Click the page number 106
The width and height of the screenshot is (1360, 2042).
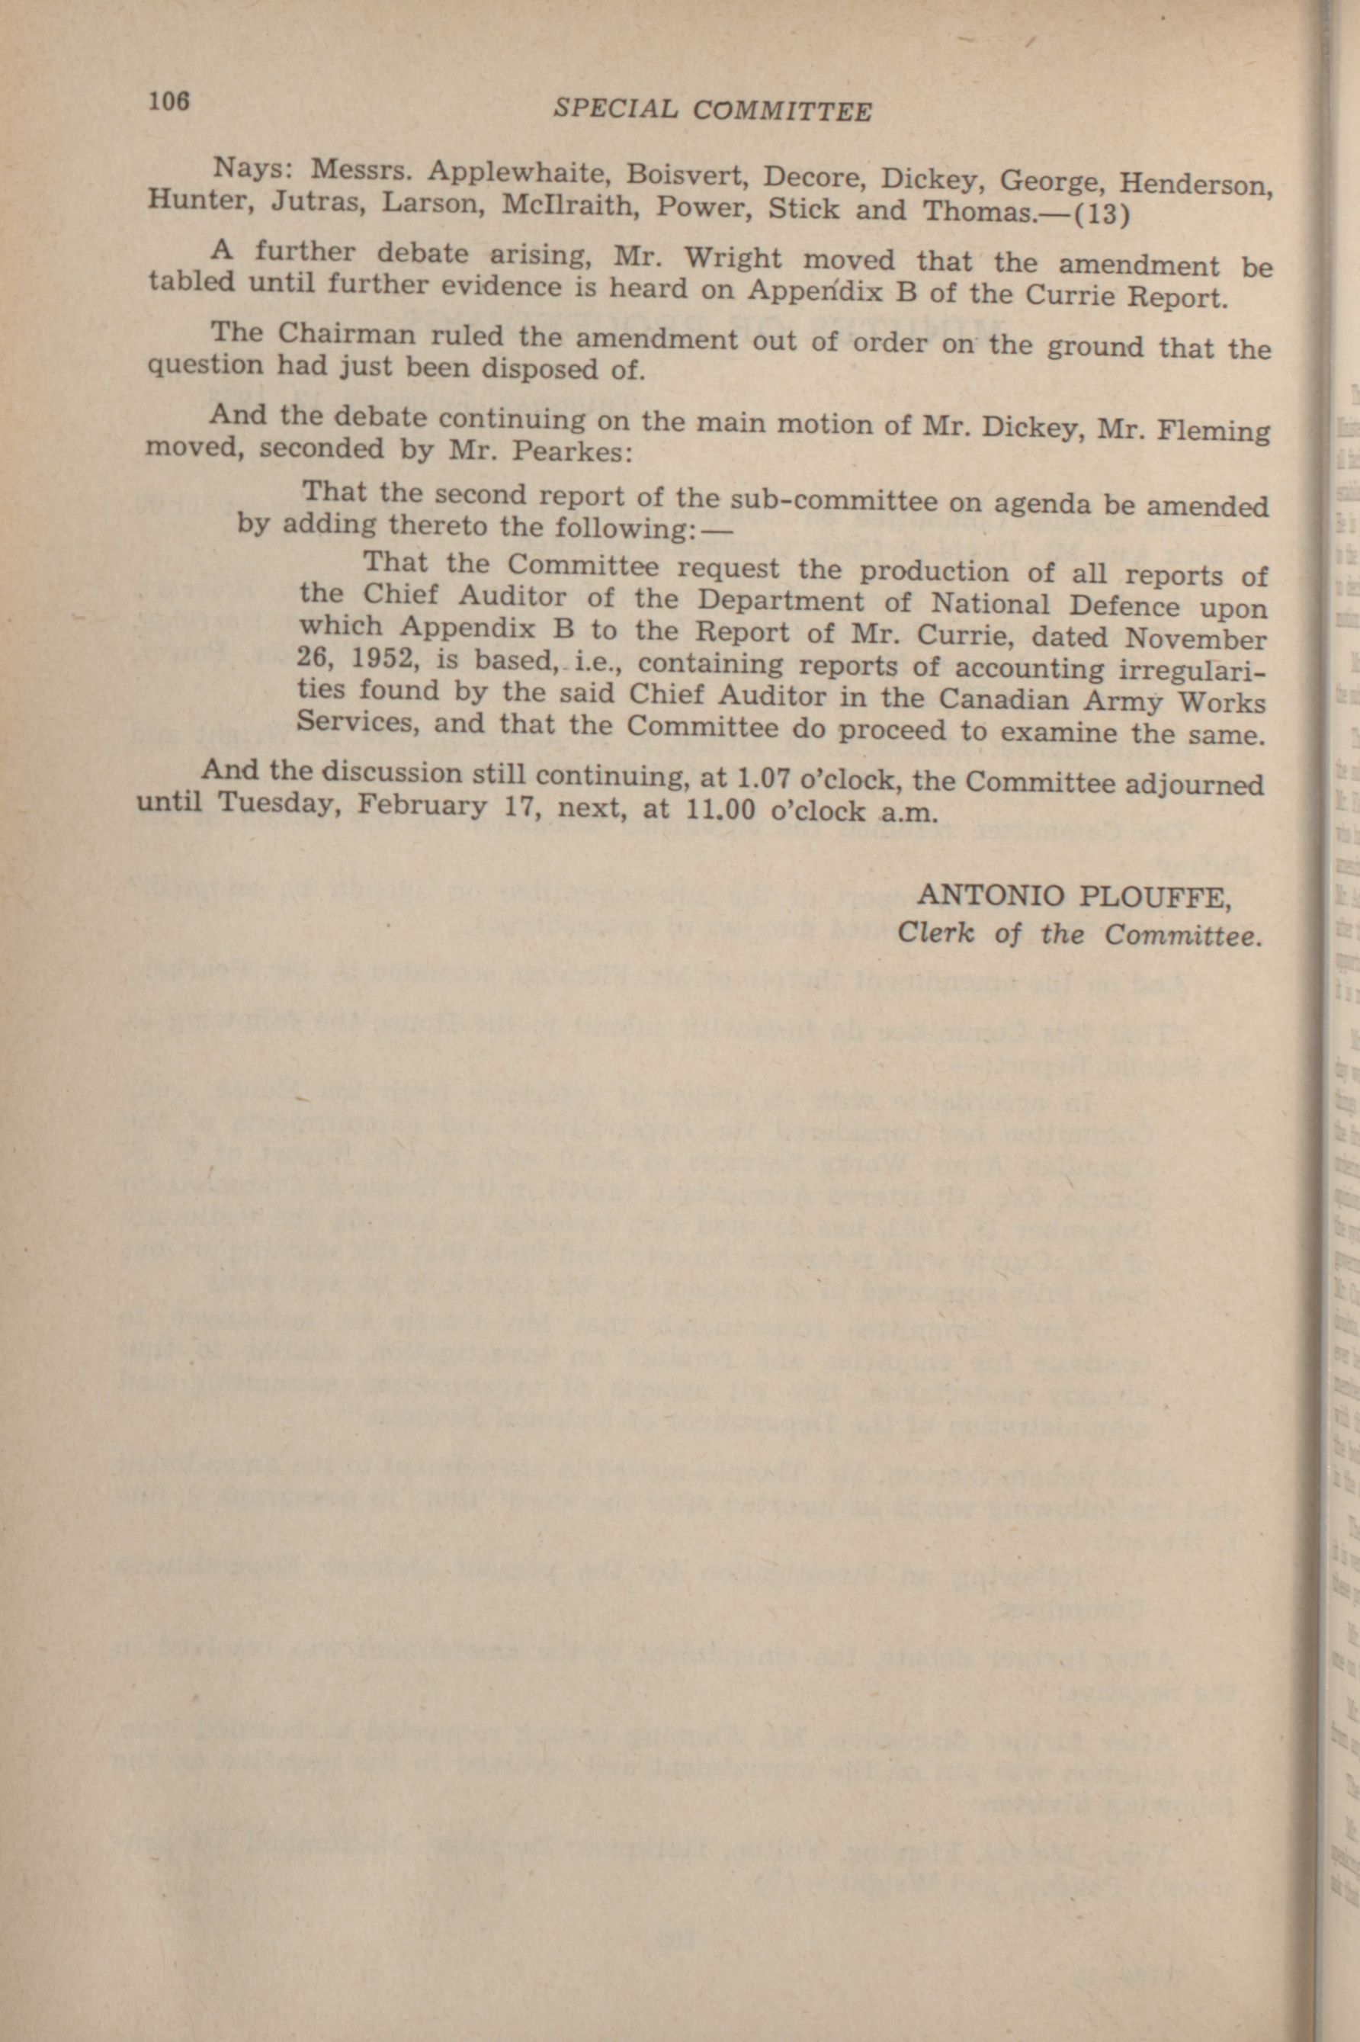(168, 101)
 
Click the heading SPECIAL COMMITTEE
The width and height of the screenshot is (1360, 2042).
(712, 110)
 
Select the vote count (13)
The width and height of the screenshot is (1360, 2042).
(1102, 214)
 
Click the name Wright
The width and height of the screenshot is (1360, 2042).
(742, 258)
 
